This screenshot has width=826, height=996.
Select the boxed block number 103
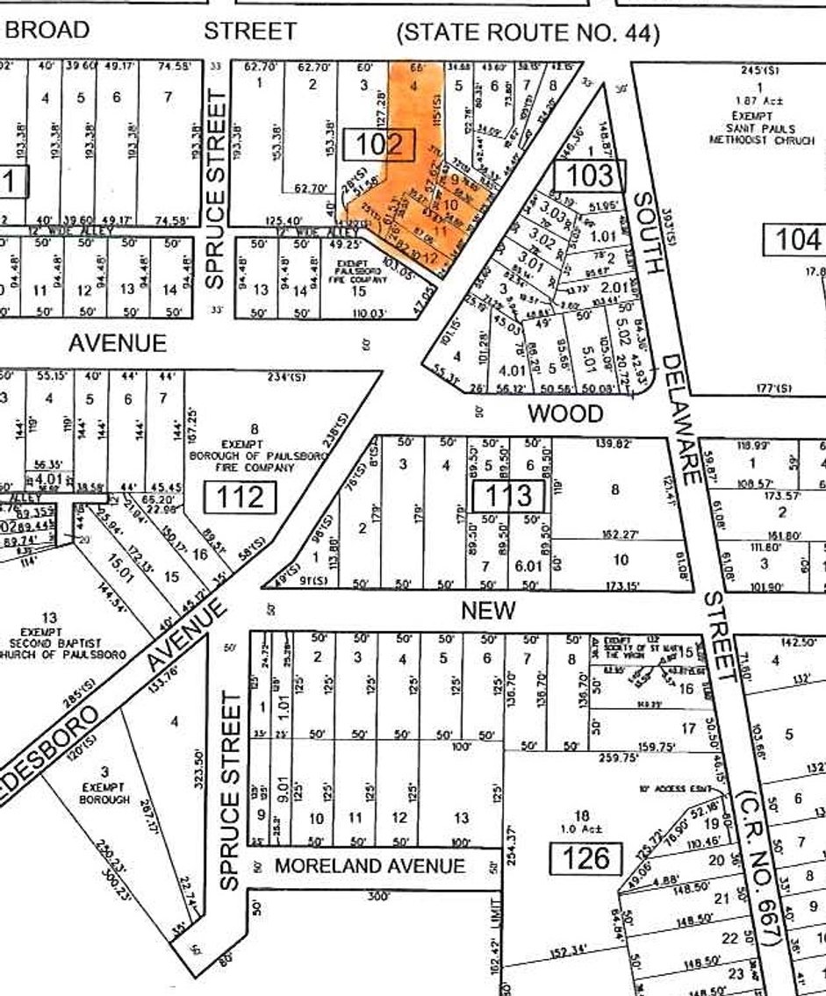(x=589, y=176)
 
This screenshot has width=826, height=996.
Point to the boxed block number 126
(x=586, y=856)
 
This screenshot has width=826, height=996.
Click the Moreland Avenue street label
(x=370, y=866)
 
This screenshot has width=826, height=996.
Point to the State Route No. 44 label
(x=528, y=34)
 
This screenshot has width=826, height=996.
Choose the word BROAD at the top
(x=48, y=30)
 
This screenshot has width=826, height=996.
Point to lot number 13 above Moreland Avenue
(x=461, y=819)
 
